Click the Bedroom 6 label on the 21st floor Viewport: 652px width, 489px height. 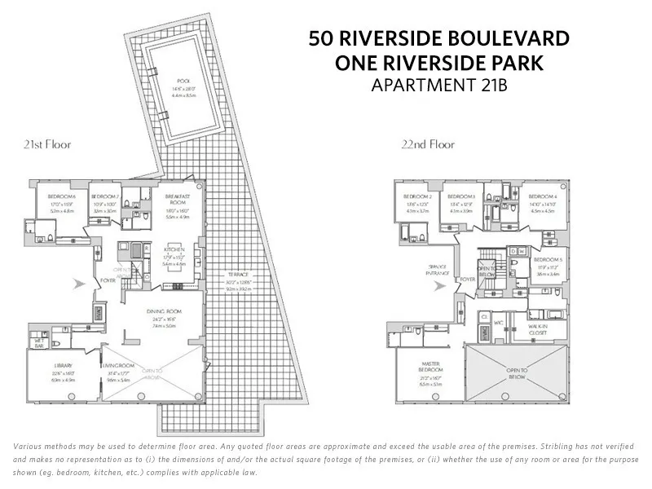[x=63, y=197]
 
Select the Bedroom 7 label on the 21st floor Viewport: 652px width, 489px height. [x=105, y=197]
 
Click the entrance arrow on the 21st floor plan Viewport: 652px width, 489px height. [x=78, y=284]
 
